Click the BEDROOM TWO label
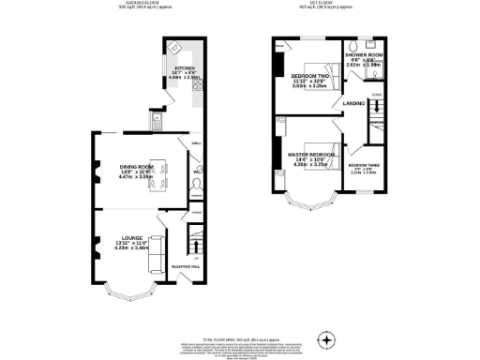tap(307, 75)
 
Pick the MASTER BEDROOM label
tap(311, 154)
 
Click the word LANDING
tap(353, 103)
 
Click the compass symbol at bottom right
tap(326, 338)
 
